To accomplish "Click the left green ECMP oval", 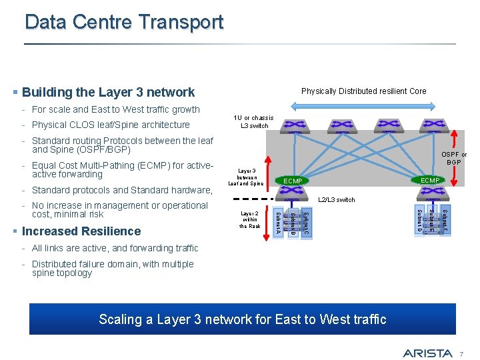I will click(293, 181).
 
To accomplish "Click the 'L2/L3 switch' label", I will click(337, 199).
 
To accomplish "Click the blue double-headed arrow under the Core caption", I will click(363, 107).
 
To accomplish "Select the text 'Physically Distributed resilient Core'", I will click(363, 91).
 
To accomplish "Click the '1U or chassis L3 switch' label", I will click(253, 121).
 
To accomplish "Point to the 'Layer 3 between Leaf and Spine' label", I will click(246, 177).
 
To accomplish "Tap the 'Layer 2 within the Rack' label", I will click(250, 219).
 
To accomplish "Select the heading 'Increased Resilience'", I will click(81, 231).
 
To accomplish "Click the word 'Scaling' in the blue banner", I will click(121, 319).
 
